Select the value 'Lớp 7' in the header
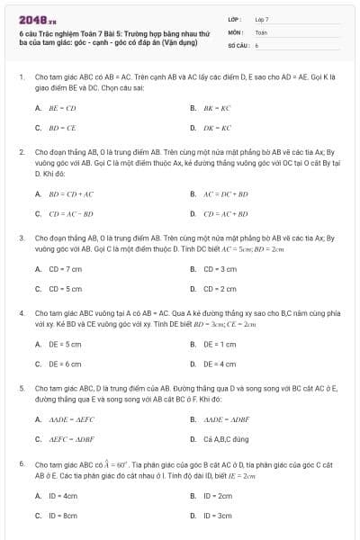262,19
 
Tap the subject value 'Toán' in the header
261,31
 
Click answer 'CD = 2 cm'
220,289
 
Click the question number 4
22,312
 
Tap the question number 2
22,152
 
